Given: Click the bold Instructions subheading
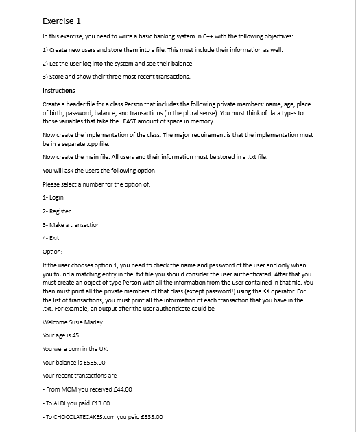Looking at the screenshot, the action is [59, 91].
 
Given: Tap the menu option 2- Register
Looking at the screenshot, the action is [56, 211].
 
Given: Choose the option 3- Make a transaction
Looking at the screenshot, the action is [71, 224].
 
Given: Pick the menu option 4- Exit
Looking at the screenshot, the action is [51, 237].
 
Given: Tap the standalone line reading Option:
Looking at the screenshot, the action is [53, 251].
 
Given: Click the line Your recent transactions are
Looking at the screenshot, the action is [80, 376].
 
